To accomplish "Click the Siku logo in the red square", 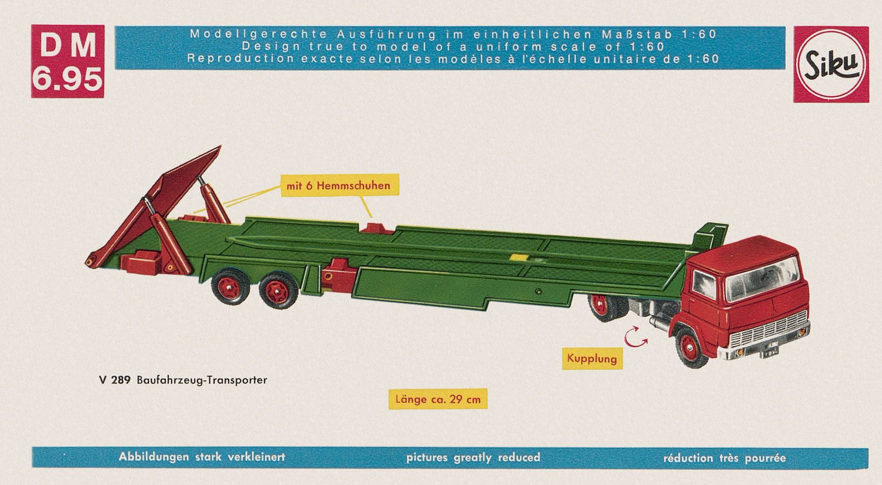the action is (831, 64).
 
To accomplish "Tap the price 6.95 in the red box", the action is (67, 79).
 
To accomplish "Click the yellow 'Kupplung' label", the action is (592, 359).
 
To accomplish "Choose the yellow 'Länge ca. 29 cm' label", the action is (438, 399).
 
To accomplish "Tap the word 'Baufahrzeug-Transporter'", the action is (202, 380).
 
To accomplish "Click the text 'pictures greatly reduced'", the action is (473, 457).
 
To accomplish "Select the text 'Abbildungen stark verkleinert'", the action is (202, 457).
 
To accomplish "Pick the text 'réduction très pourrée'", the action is (724, 458).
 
